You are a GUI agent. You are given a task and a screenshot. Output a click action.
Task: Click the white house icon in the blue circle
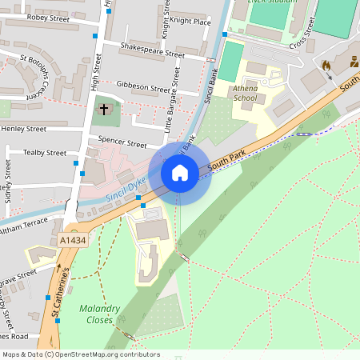pos(180,172)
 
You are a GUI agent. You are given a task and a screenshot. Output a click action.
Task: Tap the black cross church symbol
pos(103,109)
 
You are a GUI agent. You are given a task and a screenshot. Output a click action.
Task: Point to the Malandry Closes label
pos(101,314)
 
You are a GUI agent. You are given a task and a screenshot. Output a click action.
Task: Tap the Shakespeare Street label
pos(151,51)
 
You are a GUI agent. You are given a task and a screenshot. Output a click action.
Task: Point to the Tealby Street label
pos(44,152)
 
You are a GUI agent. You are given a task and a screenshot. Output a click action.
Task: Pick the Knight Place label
pos(190,22)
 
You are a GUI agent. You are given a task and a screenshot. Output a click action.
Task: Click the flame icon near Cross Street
pos(326,64)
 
